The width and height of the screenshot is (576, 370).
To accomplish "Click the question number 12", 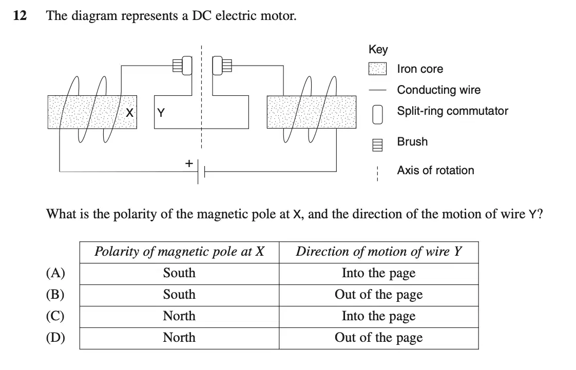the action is [x=20, y=15].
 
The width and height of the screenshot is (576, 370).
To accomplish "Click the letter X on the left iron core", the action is [x=129, y=113].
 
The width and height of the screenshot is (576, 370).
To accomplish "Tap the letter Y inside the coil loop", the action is [x=161, y=113].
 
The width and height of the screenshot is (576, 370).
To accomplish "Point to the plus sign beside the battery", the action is [x=189, y=163].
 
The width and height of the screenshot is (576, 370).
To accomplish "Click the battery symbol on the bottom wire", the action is [x=201, y=171].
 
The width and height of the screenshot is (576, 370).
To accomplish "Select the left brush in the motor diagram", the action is [x=178, y=66].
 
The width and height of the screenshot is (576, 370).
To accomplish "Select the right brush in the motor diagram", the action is [x=227, y=66].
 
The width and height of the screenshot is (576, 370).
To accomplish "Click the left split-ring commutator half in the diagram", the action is [x=187, y=66].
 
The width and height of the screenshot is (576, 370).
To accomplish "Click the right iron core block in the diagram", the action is [x=312, y=112].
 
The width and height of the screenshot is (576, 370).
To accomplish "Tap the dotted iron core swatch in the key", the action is [x=378, y=69].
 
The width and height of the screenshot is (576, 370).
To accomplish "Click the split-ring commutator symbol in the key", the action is [x=378, y=115].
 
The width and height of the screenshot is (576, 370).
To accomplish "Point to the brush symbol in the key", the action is [x=378, y=145].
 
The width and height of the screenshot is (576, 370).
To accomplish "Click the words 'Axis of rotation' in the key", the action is [x=436, y=170].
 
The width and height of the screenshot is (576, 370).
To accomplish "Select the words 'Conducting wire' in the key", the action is [x=439, y=90].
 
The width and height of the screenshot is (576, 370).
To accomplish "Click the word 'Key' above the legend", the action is [x=378, y=50].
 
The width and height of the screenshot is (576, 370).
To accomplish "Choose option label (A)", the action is [x=55, y=273].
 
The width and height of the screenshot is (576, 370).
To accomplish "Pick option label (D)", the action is [x=55, y=338].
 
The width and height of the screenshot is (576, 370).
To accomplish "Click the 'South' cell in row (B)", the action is [x=179, y=295].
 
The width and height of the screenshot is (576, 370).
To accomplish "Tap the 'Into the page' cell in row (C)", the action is [x=379, y=316].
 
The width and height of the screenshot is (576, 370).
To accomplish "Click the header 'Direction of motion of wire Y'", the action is [x=379, y=252].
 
